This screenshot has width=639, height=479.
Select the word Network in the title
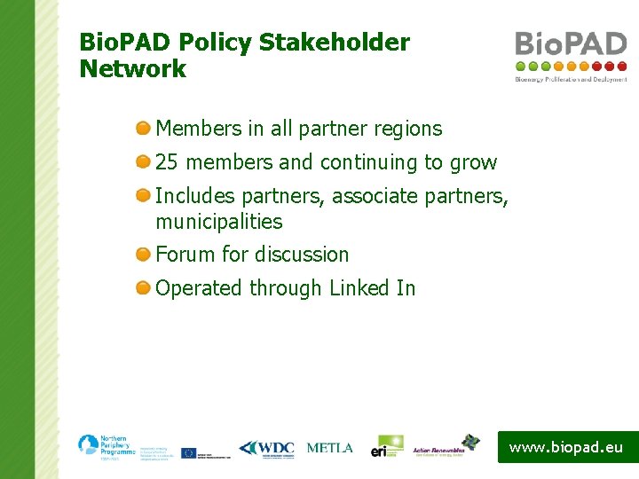click(133, 69)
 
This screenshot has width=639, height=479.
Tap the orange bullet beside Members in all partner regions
click(143, 129)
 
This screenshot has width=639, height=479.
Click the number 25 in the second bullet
click(168, 163)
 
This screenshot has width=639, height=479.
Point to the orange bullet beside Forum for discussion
click(143, 255)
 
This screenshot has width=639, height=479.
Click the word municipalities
click(218, 222)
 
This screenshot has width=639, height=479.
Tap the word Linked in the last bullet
click(359, 288)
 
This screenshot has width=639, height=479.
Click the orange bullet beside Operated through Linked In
click(143, 288)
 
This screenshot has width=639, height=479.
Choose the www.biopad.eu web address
click(566, 447)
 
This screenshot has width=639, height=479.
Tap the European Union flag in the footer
click(188, 452)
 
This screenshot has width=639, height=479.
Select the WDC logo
click(266, 449)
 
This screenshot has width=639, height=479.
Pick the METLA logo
click(329, 448)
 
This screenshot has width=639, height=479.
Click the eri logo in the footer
click(387, 446)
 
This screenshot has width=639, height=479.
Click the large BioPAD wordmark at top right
click(571, 43)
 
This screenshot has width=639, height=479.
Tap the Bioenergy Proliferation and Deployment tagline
click(571, 79)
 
